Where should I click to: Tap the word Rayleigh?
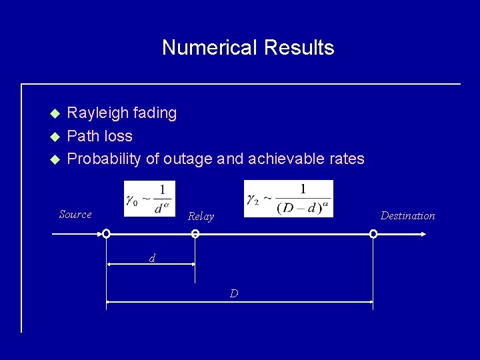coord(99,113)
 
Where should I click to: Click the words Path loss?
coord(100,136)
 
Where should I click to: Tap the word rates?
coord(347,159)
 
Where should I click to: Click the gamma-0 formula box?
coord(149,198)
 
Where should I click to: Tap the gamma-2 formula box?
coord(289,198)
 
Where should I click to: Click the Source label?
coord(75,214)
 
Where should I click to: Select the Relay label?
coord(201,217)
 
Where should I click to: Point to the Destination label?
coord(407,215)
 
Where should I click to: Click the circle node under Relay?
coord(195,234)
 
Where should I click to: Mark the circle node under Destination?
coord(373,234)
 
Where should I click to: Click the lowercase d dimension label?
coord(152,258)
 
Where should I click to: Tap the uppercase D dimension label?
coord(234,293)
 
